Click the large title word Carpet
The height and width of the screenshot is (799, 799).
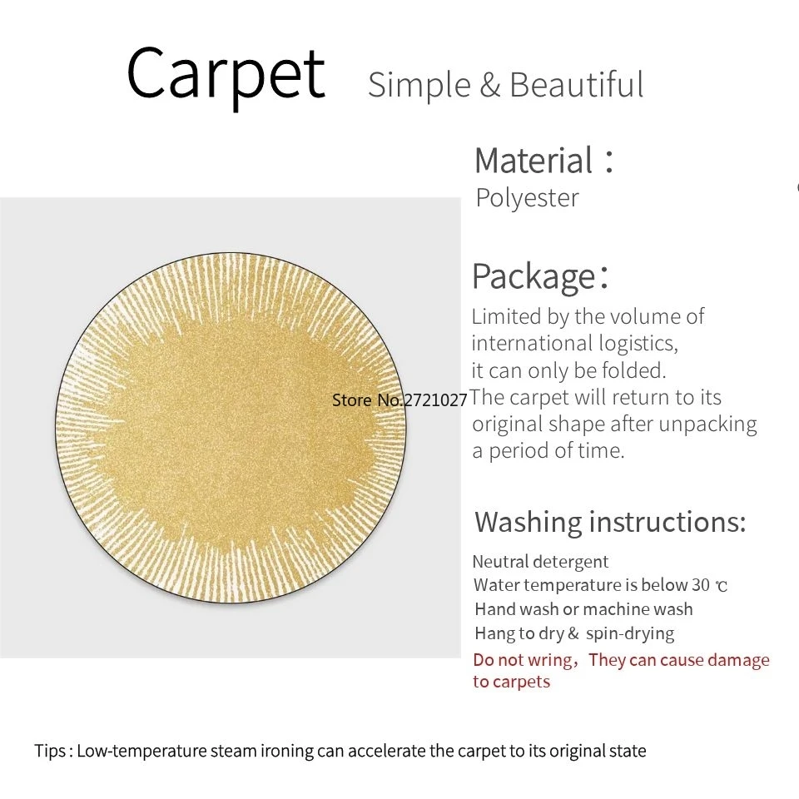click(x=226, y=75)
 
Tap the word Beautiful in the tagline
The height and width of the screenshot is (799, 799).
click(x=577, y=85)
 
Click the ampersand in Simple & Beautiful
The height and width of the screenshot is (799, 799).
click(x=490, y=86)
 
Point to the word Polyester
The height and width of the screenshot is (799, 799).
click(x=528, y=198)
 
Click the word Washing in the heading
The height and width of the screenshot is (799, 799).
click(x=528, y=523)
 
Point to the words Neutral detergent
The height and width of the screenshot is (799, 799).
click(x=540, y=562)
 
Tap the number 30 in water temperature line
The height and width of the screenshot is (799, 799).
click(x=701, y=585)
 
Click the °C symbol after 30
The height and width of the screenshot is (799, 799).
click(x=722, y=587)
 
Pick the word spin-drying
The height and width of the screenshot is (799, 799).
click(x=630, y=634)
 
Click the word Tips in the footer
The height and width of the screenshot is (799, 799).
click(x=50, y=751)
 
